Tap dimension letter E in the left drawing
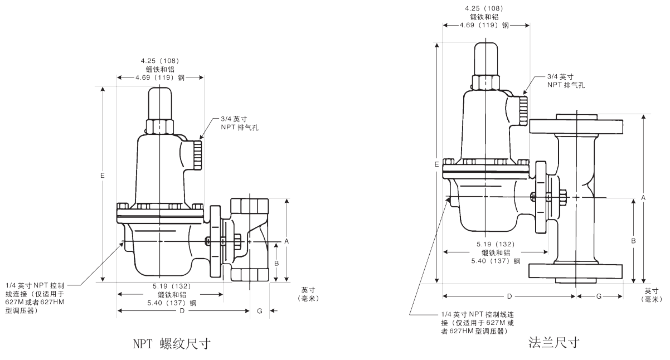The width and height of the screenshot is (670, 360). [x=103, y=176]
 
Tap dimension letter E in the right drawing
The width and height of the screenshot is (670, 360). [x=436, y=164]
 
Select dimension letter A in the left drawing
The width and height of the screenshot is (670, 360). [x=287, y=241]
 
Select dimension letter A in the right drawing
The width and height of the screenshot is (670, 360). [x=644, y=198]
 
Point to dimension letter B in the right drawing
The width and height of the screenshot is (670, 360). [x=633, y=241]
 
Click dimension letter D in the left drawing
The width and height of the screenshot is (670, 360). [x=182, y=310]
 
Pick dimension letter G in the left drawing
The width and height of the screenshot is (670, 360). [x=260, y=310]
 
